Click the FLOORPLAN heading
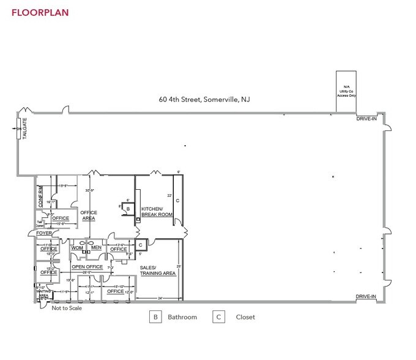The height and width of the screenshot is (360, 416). pyautogui.click(x=40, y=12)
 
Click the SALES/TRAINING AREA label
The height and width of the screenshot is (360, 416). pyautogui.click(x=158, y=271)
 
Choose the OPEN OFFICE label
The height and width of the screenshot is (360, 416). pyautogui.click(x=86, y=267)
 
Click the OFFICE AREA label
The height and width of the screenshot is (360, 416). pyautogui.click(x=89, y=216)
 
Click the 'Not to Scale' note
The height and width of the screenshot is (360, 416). pyautogui.click(x=67, y=308)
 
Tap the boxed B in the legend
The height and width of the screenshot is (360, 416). pyautogui.click(x=155, y=317)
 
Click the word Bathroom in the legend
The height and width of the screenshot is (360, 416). pyautogui.click(x=183, y=317)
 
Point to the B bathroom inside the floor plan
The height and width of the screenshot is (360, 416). pyautogui.click(x=127, y=209)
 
